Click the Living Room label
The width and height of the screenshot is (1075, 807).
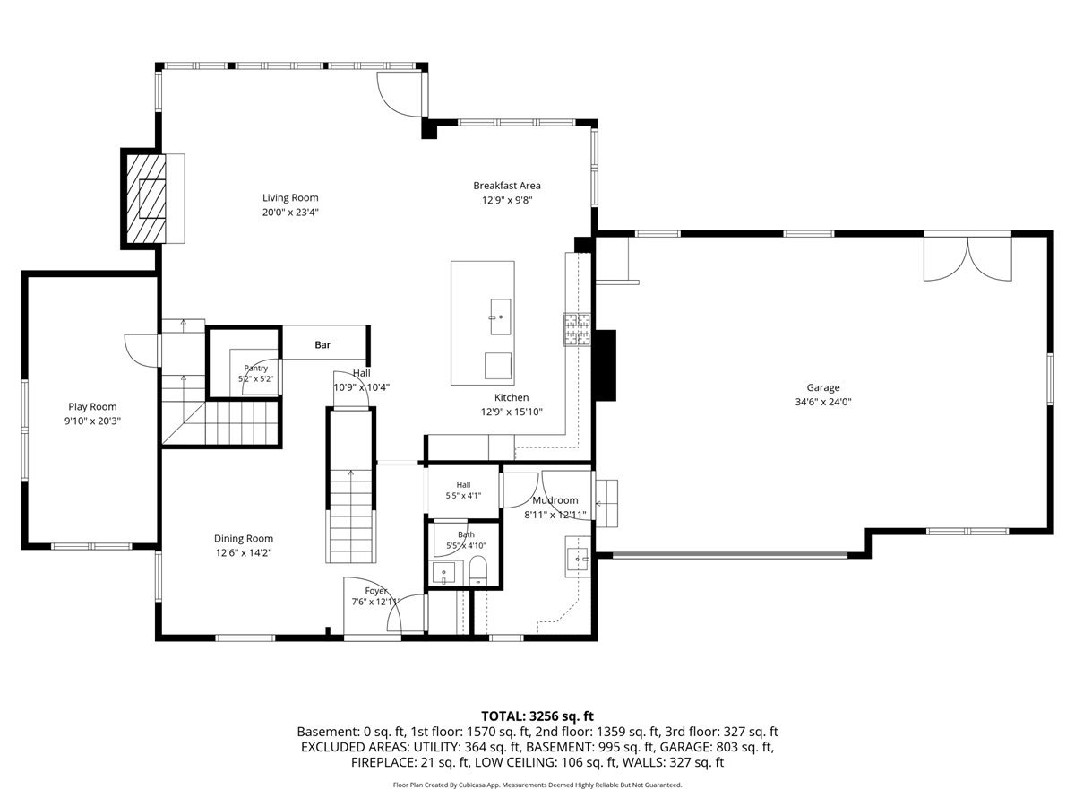290,197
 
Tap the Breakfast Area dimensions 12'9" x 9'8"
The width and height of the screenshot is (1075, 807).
507,200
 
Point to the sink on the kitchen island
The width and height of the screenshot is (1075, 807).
500,317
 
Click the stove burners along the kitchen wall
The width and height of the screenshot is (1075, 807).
576,329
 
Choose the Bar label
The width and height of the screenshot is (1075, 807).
322,345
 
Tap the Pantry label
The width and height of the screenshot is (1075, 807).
255,368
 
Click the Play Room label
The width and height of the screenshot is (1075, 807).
92,406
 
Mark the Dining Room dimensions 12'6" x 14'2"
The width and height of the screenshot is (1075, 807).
244,552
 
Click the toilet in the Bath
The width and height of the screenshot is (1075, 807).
477,570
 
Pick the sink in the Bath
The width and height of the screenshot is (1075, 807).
443,573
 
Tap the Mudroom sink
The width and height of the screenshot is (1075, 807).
579,557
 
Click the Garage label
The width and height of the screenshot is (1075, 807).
822,387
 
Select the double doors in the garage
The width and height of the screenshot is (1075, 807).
967,259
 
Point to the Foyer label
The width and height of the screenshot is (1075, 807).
375,591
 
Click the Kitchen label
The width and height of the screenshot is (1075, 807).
512,397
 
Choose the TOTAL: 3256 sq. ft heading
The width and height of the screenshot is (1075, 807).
537,716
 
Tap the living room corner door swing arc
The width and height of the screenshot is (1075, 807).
395,100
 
